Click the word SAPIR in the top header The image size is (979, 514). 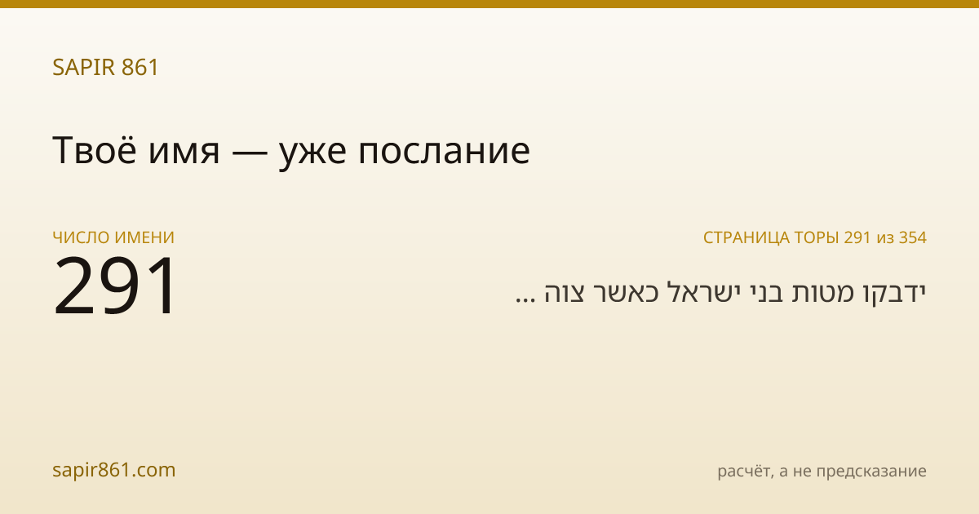pos(84,67)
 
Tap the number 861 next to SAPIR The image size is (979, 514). pos(140,67)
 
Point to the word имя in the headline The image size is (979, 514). pos(184,153)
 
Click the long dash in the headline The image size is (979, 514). pos(250,153)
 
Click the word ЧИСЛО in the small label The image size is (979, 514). pos(82,237)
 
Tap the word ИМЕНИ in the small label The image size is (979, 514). pos(144,237)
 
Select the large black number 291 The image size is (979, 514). pos(114,286)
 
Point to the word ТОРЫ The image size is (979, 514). pos(817,237)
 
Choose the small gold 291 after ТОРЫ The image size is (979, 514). pos(857,237)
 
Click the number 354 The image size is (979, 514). pos(913,237)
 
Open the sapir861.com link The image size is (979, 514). pos(114,470)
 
